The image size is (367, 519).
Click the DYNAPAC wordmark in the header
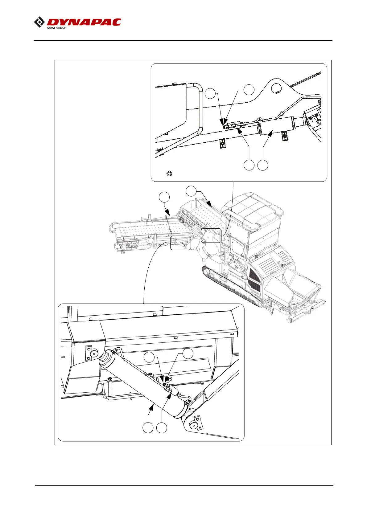(84, 22)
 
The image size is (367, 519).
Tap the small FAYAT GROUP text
(56, 28)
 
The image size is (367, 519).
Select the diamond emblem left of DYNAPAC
(39, 22)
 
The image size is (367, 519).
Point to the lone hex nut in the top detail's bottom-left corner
(169, 174)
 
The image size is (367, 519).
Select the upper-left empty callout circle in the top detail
(210, 93)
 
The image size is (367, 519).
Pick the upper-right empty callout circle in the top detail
(249, 90)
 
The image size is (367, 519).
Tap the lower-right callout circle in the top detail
(263, 165)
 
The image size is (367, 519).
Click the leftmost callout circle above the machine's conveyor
(164, 197)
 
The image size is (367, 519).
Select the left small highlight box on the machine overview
(181, 243)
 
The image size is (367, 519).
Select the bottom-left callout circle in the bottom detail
(148, 428)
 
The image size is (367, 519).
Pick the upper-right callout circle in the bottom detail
(188, 353)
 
